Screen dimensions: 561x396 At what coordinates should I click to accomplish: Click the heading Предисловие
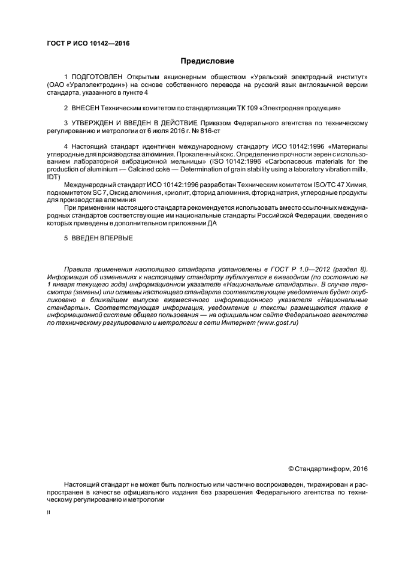point(207,61)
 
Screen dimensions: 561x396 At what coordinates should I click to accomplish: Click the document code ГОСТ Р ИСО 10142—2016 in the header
point(88,44)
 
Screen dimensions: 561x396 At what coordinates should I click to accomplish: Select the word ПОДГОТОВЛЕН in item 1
point(97,77)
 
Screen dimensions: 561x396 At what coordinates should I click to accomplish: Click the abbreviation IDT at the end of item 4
point(52,177)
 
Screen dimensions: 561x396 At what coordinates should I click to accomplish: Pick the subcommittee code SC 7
point(96,193)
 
